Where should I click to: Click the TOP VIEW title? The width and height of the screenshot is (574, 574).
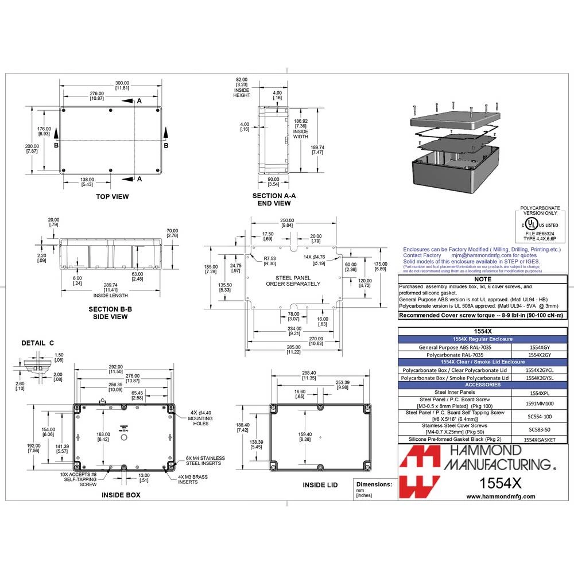coord(112,197)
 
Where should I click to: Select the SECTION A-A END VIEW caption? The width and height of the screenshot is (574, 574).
coord(274,199)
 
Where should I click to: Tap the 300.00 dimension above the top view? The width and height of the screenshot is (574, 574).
coord(122,85)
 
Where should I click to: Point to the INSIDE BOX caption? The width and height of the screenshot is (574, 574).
coord(121,494)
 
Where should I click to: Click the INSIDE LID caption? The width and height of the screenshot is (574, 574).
coord(320,485)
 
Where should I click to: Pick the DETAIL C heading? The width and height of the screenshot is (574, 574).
coord(38,343)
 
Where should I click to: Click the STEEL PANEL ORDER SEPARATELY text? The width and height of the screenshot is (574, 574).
coord(293,280)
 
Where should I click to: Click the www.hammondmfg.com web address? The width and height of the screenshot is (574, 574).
coord(501,497)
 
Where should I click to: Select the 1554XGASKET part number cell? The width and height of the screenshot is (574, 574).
coord(540,439)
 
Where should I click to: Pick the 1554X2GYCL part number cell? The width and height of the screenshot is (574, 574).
coord(540,370)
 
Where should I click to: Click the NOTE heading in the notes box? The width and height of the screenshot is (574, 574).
coord(484,278)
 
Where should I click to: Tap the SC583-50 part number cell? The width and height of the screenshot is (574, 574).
coord(540,429)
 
